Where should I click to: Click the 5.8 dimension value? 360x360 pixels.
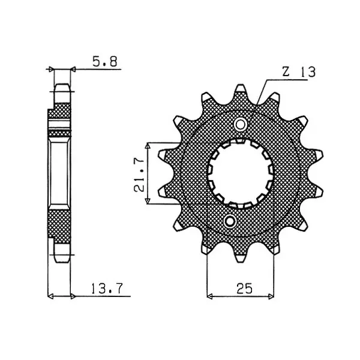click(105, 62)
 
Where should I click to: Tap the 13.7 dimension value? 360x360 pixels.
click(107, 289)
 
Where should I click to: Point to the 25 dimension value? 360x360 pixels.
click(245, 289)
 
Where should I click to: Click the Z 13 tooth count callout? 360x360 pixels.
click(299, 72)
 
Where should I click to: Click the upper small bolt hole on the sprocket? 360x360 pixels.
click(241, 125)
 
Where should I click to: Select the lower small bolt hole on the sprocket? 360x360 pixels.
click(230, 222)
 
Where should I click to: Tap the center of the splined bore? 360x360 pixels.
click(241, 173)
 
